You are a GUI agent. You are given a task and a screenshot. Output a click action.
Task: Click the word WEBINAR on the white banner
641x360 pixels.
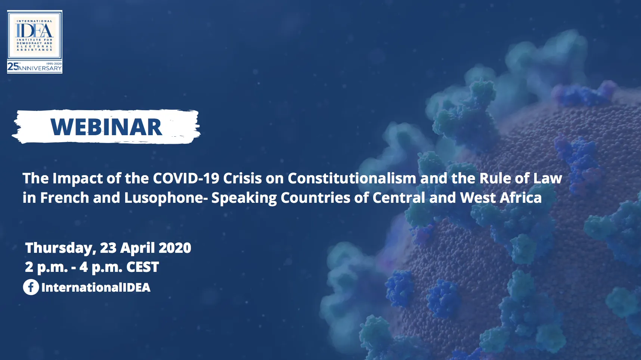pos(106,127)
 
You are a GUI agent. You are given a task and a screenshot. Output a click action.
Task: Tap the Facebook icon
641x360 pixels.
pos(31,287)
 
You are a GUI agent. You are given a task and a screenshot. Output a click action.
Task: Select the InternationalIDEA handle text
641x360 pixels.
pos(96,287)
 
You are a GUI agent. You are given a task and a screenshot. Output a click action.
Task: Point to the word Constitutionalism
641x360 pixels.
pos(352,178)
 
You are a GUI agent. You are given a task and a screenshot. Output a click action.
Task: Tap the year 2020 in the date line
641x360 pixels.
pos(175,248)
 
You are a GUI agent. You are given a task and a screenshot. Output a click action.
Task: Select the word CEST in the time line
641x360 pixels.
pos(143,267)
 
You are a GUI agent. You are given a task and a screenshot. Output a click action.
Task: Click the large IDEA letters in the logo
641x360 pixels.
pos(34,30)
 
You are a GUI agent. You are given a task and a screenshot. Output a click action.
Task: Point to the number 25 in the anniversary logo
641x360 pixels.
pos(13,66)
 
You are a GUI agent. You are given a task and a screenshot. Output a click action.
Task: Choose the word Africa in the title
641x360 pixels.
pos(521,198)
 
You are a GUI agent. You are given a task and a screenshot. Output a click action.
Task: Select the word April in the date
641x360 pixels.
pos(137,248)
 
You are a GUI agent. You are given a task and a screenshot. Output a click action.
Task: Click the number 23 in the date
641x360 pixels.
pos(108,248)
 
